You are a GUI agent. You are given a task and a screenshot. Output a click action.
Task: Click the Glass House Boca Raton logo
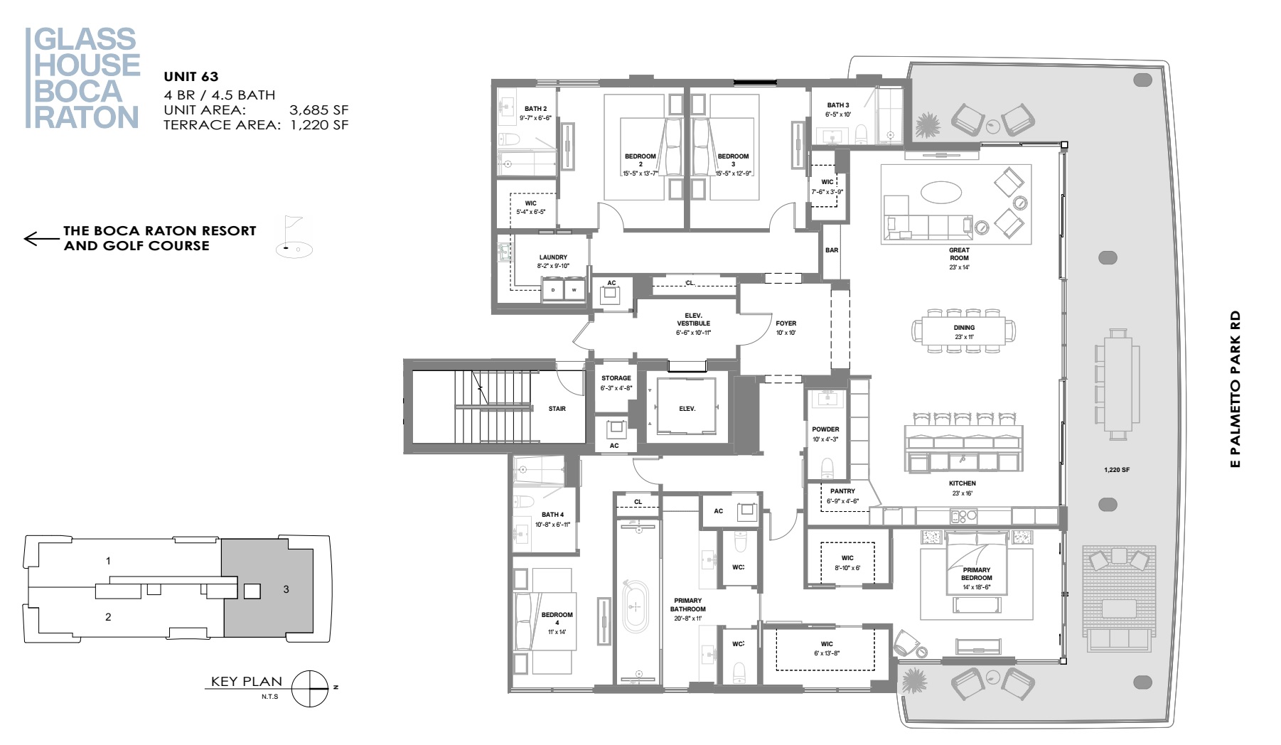[x=83, y=78]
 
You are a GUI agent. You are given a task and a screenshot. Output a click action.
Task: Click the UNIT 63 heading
[x=191, y=77]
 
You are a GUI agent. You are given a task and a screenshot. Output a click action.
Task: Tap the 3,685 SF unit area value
[x=318, y=110]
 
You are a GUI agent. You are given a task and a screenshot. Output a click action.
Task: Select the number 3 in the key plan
[x=286, y=589]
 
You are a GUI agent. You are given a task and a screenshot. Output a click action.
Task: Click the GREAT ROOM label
[x=959, y=254]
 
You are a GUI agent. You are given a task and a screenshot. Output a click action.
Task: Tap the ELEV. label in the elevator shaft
[x=687, y=409]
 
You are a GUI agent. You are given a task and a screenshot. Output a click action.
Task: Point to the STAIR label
[x=557, y=409]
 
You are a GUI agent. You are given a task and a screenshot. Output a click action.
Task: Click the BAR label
[x=832, y=250]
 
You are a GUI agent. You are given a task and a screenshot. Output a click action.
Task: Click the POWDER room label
[x=825, y=429]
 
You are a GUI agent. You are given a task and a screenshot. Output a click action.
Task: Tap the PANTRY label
[x=842, y=491]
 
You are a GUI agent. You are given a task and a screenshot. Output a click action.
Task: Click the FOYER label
[x=786, y=323]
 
